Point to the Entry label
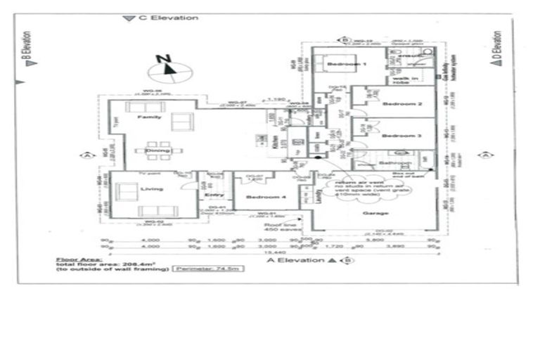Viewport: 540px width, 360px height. click(x=209, y=195)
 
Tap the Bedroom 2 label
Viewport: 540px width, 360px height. click(x=402, y=104)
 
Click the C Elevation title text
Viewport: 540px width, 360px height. click(x=167, y=18)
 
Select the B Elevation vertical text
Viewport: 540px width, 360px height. click(x=27, y=48)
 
